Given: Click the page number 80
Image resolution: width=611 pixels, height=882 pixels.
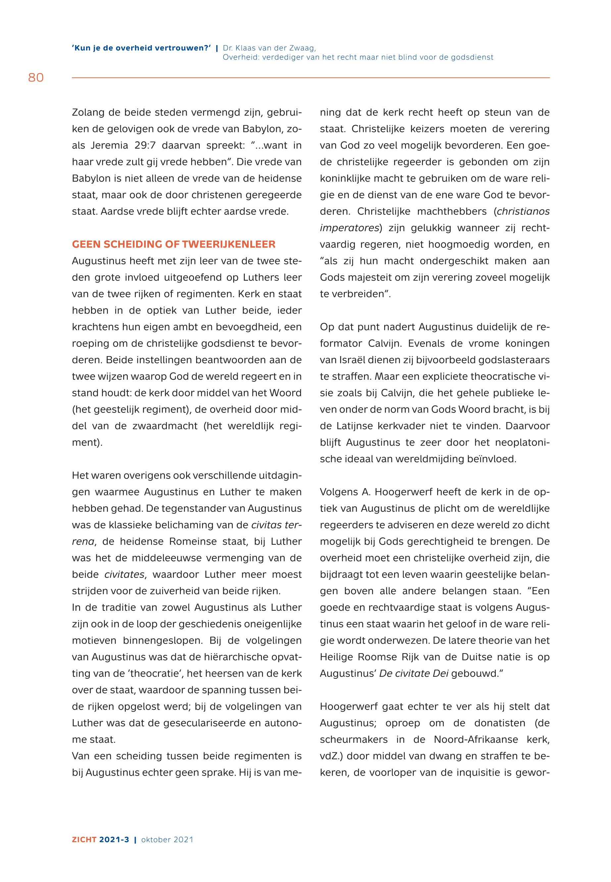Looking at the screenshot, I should click(36, 78).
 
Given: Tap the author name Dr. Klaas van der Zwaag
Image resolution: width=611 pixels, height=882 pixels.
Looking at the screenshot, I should click(269, 48).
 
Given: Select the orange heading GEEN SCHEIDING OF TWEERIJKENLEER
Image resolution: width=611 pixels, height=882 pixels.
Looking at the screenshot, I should click(174, 245).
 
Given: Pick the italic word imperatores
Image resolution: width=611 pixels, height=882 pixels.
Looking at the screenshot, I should click(349, 228).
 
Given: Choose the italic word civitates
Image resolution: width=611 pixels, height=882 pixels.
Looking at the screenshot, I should click(125, 575).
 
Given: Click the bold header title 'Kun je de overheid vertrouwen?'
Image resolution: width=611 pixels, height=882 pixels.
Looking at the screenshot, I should click(141, 48).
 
